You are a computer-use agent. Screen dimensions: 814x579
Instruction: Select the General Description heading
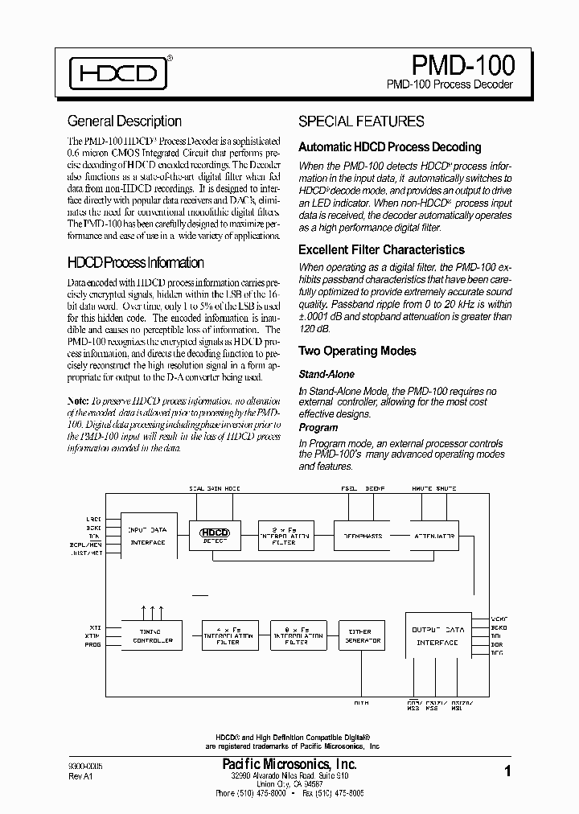coord(125,121)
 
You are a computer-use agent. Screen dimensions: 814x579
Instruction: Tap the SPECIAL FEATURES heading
coord(361,121)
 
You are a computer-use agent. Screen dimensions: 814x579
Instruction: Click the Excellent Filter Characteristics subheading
coord(381,250)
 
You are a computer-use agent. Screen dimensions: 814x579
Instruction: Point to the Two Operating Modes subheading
coord(357,351)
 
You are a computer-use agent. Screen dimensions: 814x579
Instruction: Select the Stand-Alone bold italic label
coord(326,374)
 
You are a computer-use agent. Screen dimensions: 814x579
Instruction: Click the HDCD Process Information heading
coord(135,263)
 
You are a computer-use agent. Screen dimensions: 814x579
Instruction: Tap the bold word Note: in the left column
coord(78,400)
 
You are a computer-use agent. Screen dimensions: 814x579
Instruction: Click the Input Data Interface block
coord(147,536)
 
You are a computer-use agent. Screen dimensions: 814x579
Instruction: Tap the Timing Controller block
coord(152,635)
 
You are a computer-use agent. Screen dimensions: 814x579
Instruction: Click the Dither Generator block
coord(362,635)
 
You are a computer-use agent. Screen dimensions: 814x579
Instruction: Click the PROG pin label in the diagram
coord(94,645)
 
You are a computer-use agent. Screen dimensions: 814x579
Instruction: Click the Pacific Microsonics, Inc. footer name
coord(289,764)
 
